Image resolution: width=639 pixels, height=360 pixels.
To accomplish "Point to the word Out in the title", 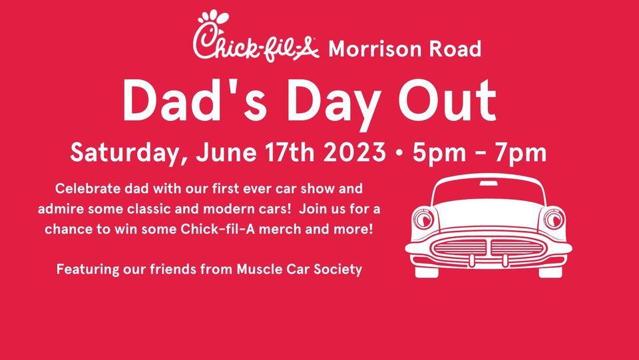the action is [x=447, y=100].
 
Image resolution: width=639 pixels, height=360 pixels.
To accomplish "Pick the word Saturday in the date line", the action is [x=130, y=153].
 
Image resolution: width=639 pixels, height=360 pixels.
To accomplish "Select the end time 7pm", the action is [x=521, y=153].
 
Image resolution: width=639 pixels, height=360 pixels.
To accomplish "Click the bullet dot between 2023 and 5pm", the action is [x=399, y=153].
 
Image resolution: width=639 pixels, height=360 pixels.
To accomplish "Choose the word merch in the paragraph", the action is [x=279, y=230].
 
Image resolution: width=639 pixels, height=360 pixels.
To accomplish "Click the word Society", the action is [x=338, y=270].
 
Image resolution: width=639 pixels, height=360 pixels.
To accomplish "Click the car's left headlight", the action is [x=424, y=219].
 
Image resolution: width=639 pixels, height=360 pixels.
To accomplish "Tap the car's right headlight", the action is [x=554, y=219].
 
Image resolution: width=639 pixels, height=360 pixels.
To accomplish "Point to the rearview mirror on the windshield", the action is [x=489, y=183].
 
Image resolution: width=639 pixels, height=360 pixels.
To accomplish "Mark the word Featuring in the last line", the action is [x=88, y=270].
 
